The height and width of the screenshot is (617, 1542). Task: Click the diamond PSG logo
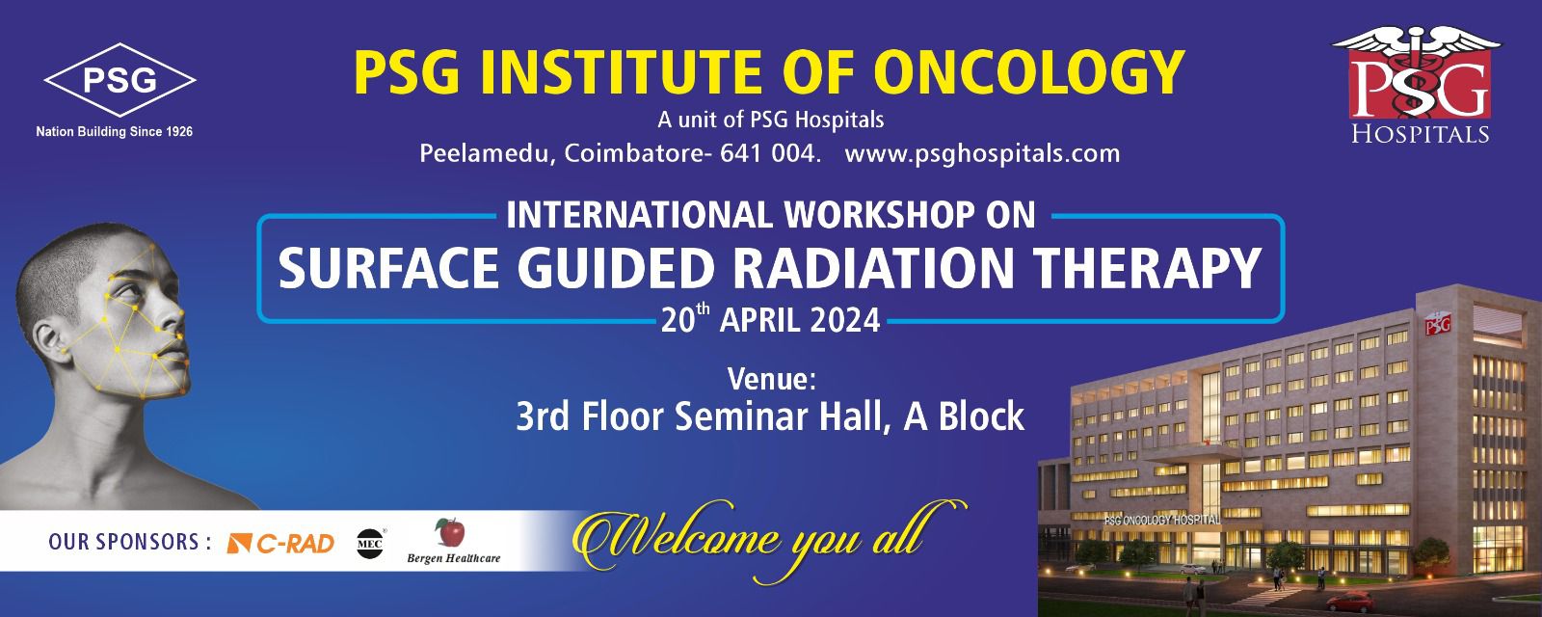[x=120, y=80]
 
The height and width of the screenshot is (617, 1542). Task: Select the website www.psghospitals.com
[x=982, y=153]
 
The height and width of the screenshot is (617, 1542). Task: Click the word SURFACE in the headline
[x=389, y=268]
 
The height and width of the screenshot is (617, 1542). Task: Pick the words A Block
[x=964, y=416]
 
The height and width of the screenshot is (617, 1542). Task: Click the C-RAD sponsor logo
[x=280, y=544]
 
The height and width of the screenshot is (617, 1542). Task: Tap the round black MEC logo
[x=370, y=544]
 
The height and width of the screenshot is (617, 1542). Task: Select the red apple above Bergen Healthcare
[x=450, y=532]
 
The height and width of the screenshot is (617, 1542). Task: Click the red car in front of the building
[x=1350, y=602]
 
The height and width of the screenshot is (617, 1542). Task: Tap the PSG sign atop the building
[x=1438, y=324]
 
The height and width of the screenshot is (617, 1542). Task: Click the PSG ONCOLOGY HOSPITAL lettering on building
[x=1162, y=520]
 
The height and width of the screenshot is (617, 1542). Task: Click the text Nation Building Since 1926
[x=115, y=131]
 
